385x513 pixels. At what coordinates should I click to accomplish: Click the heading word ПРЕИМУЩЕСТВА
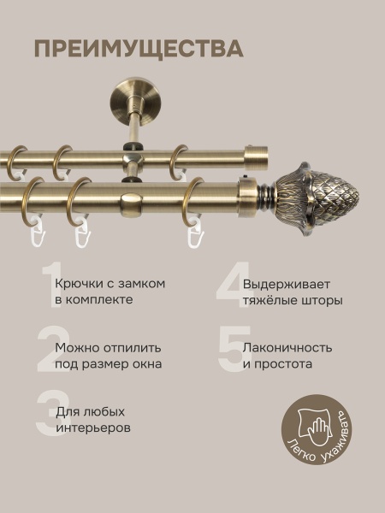pos(139,48)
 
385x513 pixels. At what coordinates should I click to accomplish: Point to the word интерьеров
pos(93,428)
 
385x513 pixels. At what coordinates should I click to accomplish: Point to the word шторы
pos(321,301)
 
